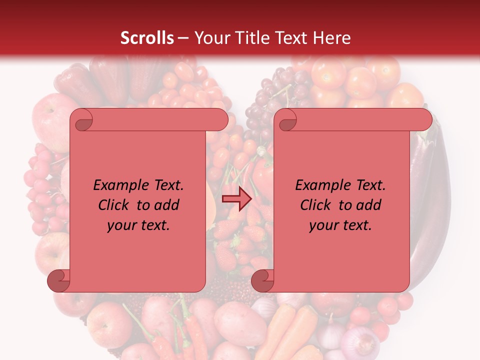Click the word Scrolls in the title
click(147, 38)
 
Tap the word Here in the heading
click(332, 38)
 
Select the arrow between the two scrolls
click(236, 199)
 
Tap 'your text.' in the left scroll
click(138, 225)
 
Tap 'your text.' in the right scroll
click(340, 225)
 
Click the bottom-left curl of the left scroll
click(58, 280)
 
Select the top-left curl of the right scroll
click(286, 120)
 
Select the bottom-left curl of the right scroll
click(262, 280)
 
